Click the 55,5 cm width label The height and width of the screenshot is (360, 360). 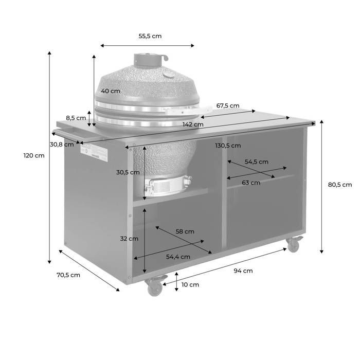point(150,36)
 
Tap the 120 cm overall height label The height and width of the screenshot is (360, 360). point(34,155)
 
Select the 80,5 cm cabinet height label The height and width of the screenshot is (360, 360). point(340,185)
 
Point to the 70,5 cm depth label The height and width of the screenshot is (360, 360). point(68,275)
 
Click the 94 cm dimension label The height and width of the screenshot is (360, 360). point(243,271)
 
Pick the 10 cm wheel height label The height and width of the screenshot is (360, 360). point(190,285)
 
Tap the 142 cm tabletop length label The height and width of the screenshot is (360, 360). point(193,124)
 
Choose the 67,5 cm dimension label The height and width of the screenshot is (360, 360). point(228,105)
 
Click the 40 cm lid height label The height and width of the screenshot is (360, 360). point(111,91)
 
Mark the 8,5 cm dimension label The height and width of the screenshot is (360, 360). point(76,118)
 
